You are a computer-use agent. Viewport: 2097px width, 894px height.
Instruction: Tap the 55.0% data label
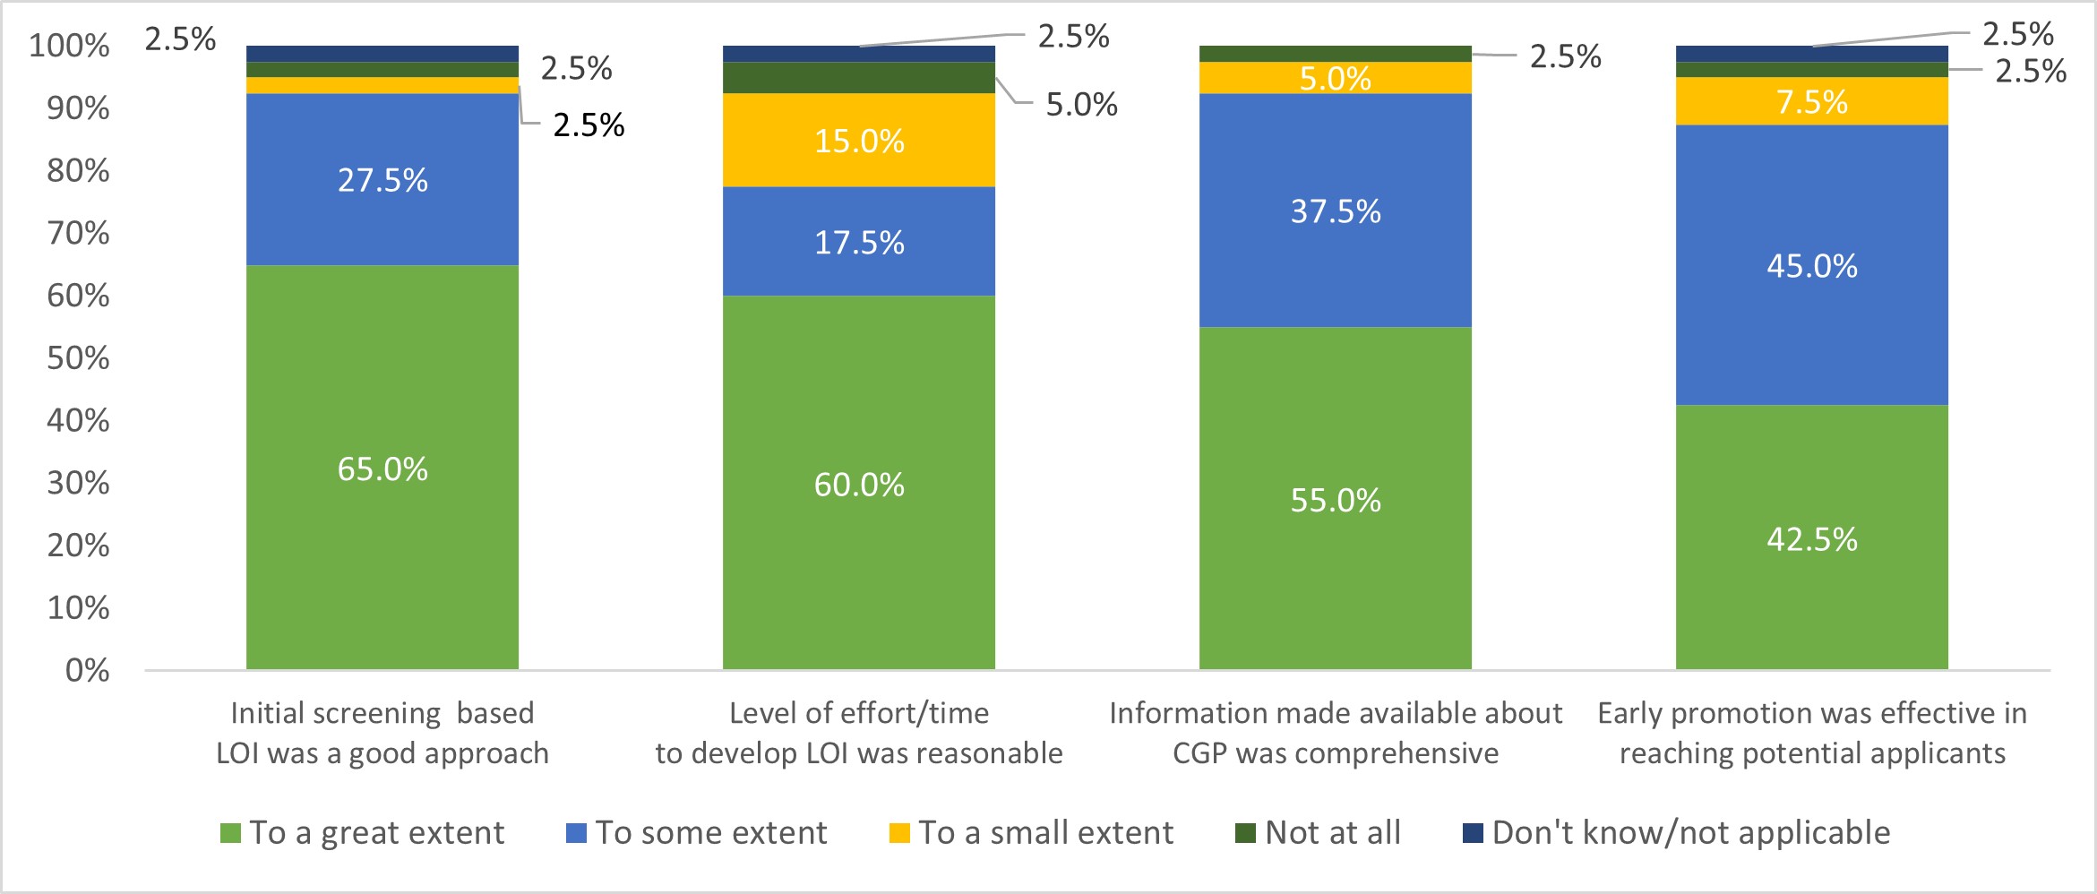pos(1335,501)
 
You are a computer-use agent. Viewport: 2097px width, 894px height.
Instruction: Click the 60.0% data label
pos(859,486)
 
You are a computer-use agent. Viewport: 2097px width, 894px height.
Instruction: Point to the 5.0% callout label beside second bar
pos(1081,105)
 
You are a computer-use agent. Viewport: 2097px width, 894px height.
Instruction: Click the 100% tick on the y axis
pos(69,46)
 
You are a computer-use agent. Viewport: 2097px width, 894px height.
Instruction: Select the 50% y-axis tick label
pos(78,358)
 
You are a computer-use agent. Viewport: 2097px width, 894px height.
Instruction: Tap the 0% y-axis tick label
pos(87,670)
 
